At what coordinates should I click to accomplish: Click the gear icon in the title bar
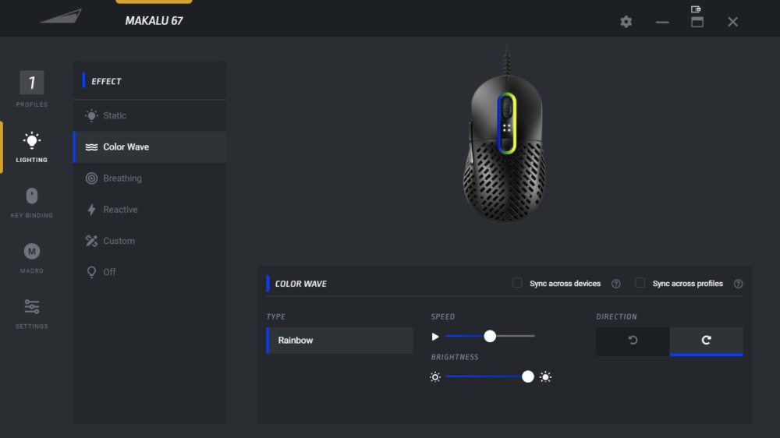coord(626,22)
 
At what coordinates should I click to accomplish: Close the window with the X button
coord(732,22)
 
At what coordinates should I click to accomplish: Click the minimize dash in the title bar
coord(662,23)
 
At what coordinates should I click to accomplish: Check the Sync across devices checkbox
coord(517,283)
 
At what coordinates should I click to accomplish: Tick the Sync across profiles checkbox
coord(640,283)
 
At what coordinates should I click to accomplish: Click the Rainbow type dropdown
coord(340,341)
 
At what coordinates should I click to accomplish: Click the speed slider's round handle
coord(490,337)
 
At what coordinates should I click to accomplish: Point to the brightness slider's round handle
coord(528,377)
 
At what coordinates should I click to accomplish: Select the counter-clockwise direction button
coord(633,341)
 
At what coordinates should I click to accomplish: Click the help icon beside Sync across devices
coord(616,284)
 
